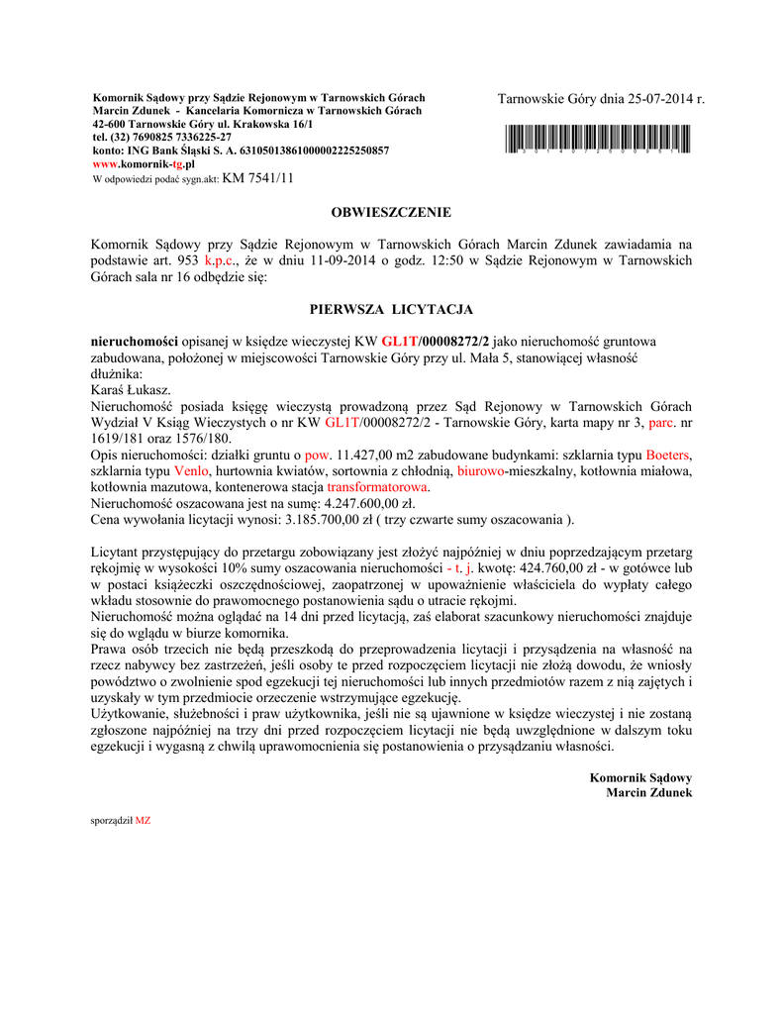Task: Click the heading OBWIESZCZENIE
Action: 391,212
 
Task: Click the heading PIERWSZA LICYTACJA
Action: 391,309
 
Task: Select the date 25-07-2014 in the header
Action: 656,99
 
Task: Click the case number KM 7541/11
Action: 258,178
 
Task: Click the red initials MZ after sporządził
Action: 143,821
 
